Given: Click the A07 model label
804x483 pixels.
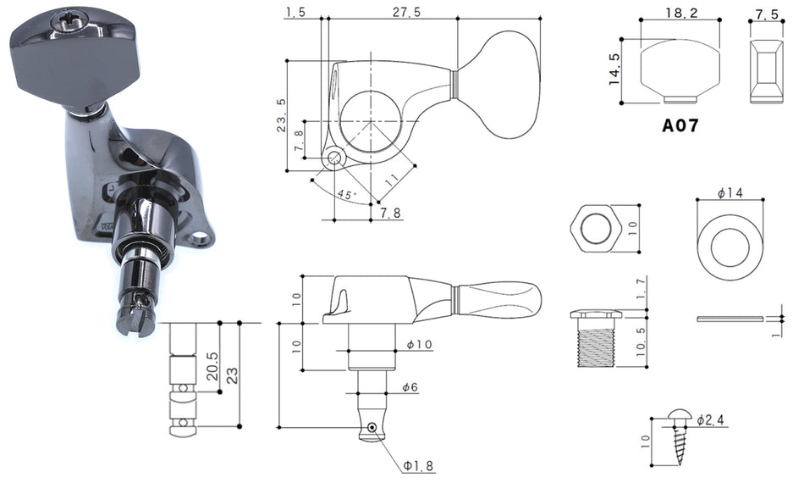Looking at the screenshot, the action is tap(680, 125).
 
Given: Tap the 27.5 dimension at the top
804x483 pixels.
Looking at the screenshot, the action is tap(406, 12).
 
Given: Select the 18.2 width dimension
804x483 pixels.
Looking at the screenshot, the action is tap(681, 13).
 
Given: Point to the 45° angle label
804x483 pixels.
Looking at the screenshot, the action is tap(345, 195).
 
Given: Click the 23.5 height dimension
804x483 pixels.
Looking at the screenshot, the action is tap(282, 115).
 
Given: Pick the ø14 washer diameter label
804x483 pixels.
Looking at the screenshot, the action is tap(730, 193).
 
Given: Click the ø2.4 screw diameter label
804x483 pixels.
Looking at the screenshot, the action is tap(710, 420).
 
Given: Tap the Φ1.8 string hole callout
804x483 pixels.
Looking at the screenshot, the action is tap(418, 466).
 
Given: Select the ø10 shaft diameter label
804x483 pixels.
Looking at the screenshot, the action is tap(420, 344).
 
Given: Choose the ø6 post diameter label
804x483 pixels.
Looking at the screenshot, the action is tap(410, 387).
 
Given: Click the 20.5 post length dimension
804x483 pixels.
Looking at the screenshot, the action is tap(212, 366).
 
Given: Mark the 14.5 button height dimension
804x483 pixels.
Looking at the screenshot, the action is tap(614, 69).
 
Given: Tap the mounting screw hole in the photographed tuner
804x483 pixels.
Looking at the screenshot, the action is tap(201, 238).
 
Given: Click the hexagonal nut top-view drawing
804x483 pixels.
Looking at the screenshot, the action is tap(595, 228).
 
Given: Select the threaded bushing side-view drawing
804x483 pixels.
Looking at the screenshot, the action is tap(596, 338).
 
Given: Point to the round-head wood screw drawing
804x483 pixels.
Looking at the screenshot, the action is tap(680, 436).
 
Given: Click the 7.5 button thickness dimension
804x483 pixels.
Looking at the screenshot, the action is tap(767, 14).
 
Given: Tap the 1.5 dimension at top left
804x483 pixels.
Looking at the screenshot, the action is tap(295, 12).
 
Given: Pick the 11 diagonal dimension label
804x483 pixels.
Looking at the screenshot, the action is tap(391, 179).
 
